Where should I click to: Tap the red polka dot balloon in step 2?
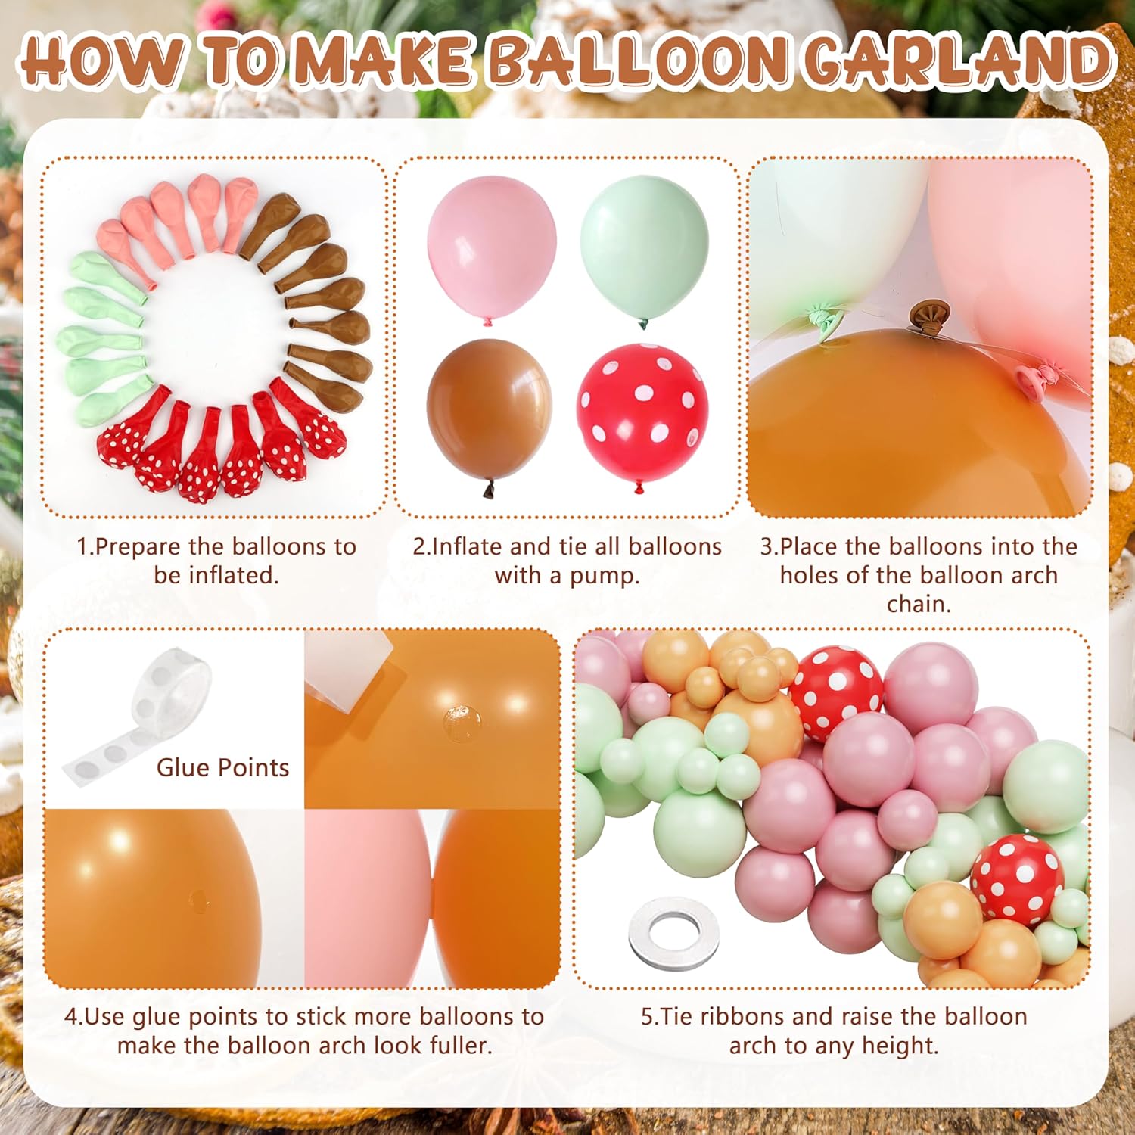click(642, 413)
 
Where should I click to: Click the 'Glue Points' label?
click(223, 767)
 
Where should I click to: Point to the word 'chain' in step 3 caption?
click(917, 604)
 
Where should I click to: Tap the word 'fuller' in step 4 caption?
click(459, 1046)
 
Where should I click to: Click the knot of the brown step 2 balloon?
click(488, 490)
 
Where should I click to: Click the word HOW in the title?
click(103, 61)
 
